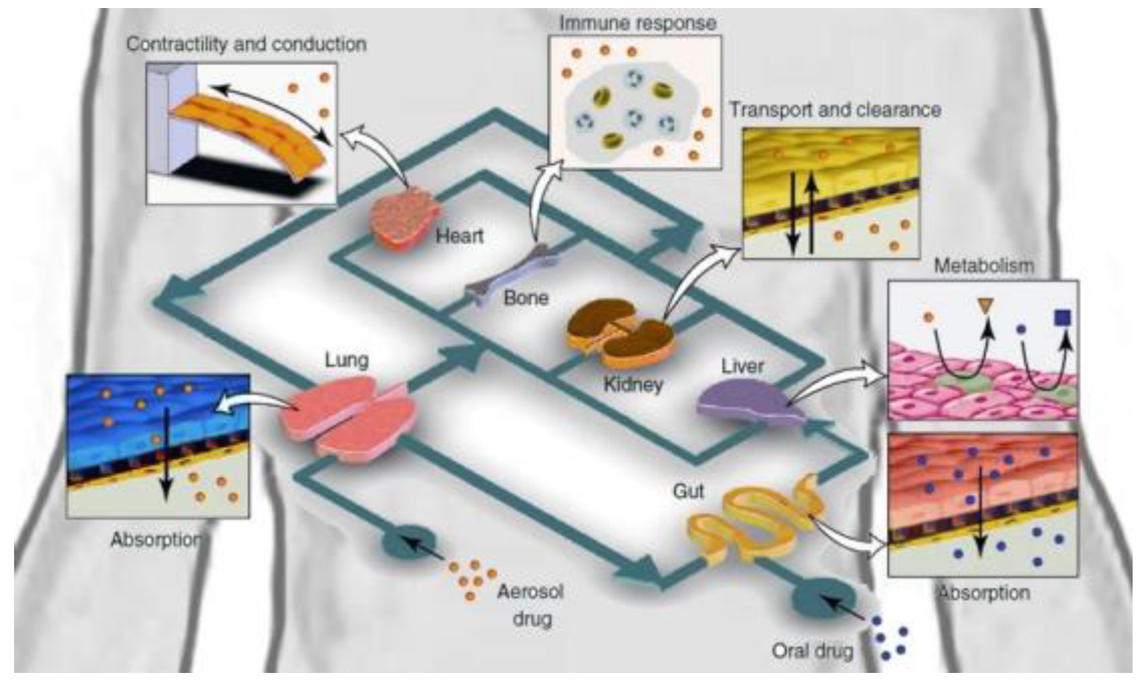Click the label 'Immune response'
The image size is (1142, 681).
coord(637,23)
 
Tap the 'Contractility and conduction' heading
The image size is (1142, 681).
coord(246,44)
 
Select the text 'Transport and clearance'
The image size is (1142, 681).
coord(835,109)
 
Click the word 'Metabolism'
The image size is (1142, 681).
coord(983,266)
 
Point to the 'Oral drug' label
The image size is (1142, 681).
coord(813,650)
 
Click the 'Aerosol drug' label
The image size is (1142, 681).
coord(531,605)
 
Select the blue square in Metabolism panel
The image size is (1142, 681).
coord(1062,317)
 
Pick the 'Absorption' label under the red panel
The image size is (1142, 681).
coord(983,593)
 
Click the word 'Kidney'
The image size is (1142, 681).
coord(633,384)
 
